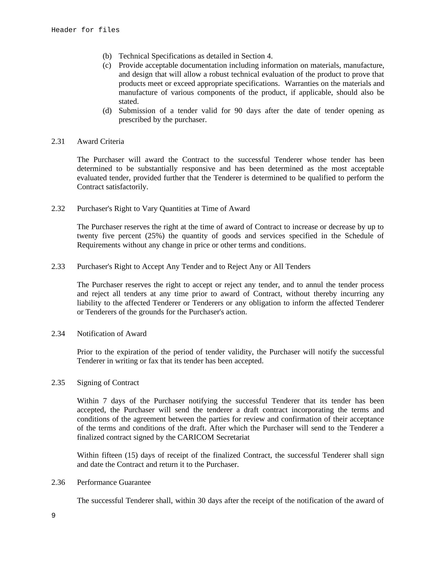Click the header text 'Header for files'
85,30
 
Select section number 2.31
58,141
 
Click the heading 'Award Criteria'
101,141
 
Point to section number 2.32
58,208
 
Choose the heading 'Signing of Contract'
108,382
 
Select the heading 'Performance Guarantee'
114,482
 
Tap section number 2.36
58,482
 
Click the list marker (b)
107,56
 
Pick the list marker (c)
107,65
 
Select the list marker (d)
107,111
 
